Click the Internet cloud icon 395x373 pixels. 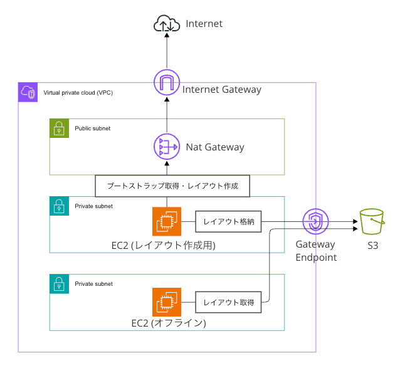167,23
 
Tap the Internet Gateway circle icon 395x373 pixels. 167,82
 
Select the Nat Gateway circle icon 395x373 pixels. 167,147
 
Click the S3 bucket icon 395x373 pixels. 372,221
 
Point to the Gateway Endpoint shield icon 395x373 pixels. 315,222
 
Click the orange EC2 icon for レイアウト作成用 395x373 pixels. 167,221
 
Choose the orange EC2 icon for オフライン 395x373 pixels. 167,302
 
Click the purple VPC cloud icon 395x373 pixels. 28,92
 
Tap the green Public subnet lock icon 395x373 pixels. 59,128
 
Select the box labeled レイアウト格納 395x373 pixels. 228,221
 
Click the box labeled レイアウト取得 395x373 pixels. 228,302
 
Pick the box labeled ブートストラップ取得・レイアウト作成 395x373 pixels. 172,186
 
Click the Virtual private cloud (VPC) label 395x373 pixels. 78,93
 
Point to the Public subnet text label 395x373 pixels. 92,129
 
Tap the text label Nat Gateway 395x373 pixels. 215,147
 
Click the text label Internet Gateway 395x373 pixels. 222,90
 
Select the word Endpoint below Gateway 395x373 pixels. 316,258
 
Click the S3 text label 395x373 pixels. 373,246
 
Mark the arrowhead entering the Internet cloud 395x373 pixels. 167,35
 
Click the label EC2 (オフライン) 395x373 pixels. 169,323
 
